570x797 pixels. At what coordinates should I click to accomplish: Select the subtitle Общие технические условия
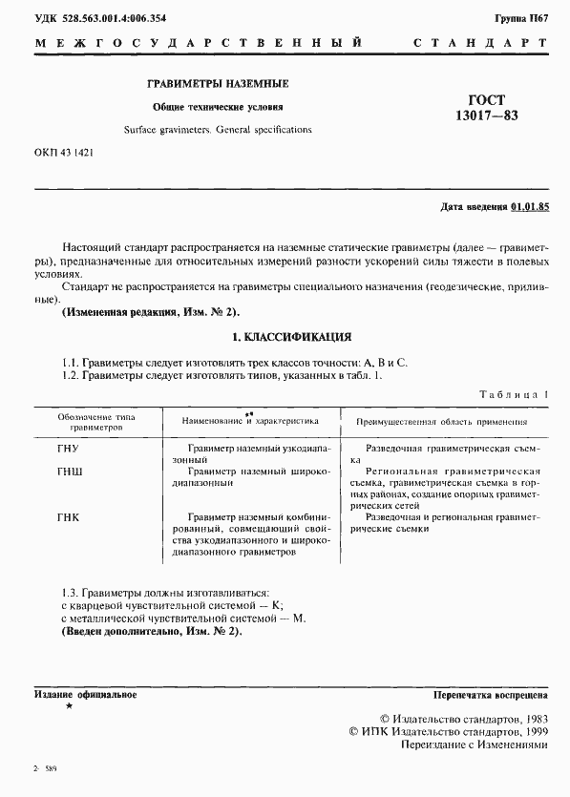[x=219, y=107]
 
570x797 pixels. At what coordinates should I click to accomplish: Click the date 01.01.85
[x=531, y=206]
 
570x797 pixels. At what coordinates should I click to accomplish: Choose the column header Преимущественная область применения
[x=442, y=420]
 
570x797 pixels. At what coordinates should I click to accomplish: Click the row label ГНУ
[x=69, y=447]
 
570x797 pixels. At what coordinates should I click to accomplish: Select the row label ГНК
[x=69, y=517]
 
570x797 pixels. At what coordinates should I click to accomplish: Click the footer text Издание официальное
[x=85, y=695]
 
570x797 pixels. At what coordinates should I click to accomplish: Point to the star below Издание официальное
[x=68, y=706]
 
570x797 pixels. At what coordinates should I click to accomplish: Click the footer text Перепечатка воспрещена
[x=491, y=695]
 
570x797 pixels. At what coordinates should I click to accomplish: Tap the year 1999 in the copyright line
[x=529, y=731]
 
